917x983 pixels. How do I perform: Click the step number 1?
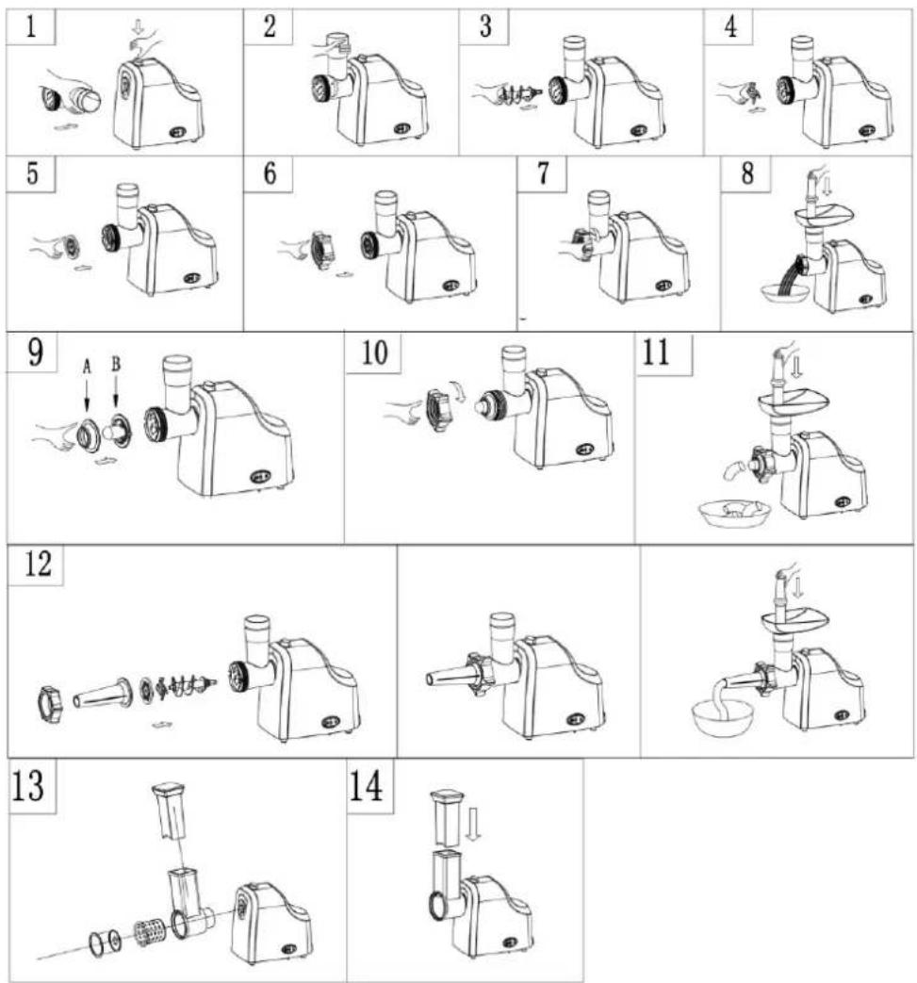(x=30, y=27)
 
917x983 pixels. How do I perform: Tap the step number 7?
(x=543, y=173)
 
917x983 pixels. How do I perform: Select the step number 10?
(x=375, y=352)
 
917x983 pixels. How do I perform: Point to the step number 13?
(x=28, y=786)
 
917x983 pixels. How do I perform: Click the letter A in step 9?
(x=87, y=366)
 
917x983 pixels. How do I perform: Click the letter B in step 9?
(x=116, y=364)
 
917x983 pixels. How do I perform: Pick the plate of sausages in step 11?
(x=734, y=512)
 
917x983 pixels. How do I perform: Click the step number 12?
(x=38, y=563)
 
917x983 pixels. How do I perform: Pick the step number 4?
(x=730, y=27)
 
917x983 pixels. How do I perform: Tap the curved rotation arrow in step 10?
(x=459, y=391)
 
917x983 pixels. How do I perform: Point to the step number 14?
(x=366, y=786)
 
